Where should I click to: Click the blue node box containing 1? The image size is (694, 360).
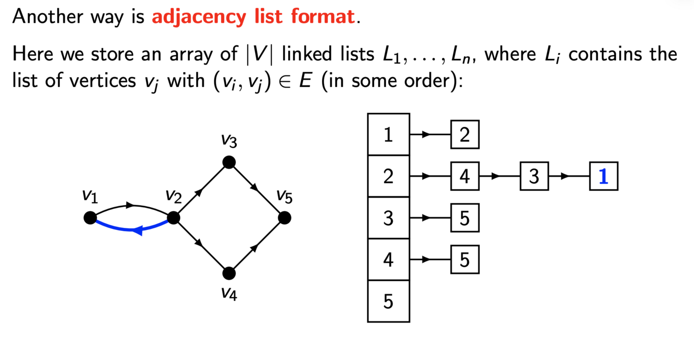pyautogui.click(x=603, y=177)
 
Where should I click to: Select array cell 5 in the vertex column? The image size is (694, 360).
pyautogui.click(x=389, y=301)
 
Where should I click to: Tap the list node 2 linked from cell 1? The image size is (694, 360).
pyautogui.click(x=465, y=135)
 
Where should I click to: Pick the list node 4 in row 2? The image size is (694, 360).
pyautogui.click(x=465, y=177)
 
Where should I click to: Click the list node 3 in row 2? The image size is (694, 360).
pyautogui.click(x=534, y=177)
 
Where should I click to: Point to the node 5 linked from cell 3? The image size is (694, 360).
pyautogui.click(x=465, y=218)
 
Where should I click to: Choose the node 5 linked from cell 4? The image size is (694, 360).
pyautogui.click(x=465, y=260)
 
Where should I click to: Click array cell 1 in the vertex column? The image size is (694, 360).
pyautogui.click(x=389, y=135)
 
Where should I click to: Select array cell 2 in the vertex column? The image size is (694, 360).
pyautogui.click(x=389, y=177)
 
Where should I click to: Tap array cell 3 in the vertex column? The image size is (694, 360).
pyautogui.click(x=389, y=218)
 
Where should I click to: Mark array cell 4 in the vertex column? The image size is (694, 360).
pyautogui.click(x=389, y=260)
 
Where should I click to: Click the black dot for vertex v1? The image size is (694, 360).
pyautogui.click(x=90, y=218)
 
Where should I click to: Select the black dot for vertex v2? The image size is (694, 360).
pyautogui.click(x=174, y=218)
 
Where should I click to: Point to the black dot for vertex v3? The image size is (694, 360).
pyautogui.click(x=229, y=163)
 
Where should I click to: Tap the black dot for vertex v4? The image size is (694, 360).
pyautogui.click(x=229, y=273)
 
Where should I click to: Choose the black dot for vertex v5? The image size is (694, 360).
pyautogui.click(x=284, y=218)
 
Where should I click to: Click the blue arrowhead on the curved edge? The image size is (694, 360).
pyautogui.click(x=137, y=230)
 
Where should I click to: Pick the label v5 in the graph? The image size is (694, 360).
pyautogui.click(x=284, y=196)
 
